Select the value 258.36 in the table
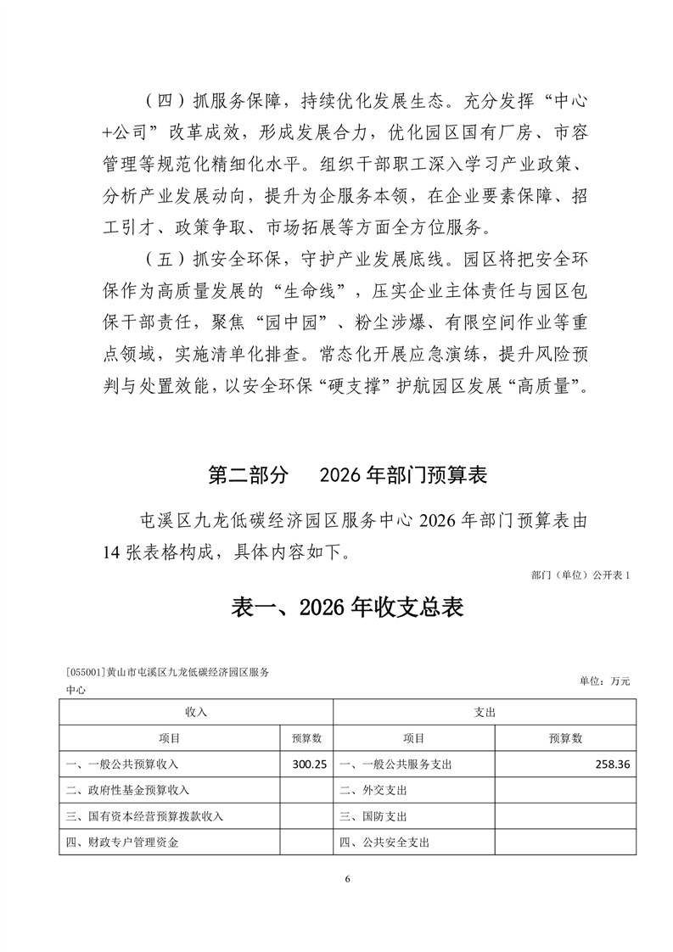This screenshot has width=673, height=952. click(612, 764)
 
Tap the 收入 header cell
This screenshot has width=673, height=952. click(196, 713)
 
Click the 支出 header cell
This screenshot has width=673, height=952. click(484, 713)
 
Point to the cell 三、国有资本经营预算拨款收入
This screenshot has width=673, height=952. click(144, 816)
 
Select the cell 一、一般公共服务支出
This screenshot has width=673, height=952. click(395, 764)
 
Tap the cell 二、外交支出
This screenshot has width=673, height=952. click(373, 790)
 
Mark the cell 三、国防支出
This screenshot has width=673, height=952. click(373, 816)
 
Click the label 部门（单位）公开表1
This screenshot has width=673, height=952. click(580, 575)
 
